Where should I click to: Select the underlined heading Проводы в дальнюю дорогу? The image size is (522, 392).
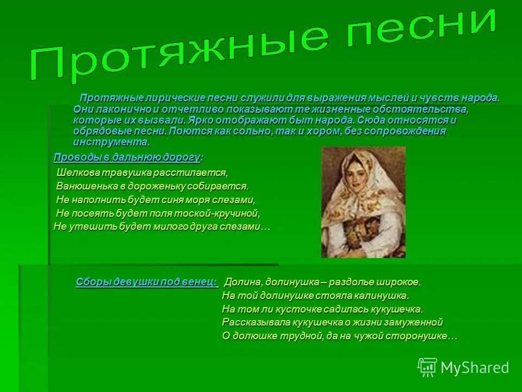pos(127,157)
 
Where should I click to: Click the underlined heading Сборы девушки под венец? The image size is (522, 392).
pos(146,281)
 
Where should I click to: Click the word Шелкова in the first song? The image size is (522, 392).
pos(76,173)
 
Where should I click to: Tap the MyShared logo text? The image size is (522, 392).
pos(474,367)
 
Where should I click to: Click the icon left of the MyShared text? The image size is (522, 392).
pos(427,367)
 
